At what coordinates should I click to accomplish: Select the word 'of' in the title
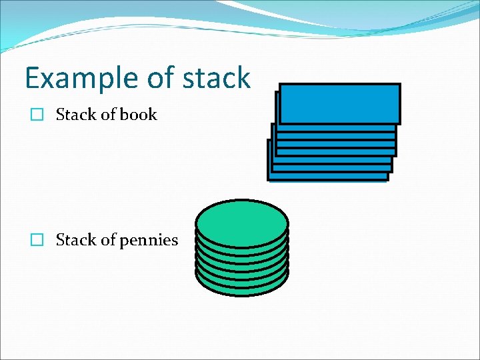pyautogui.click(x=160, y=79)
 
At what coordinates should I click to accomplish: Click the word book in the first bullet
pyautogui.click(x=138, y=115)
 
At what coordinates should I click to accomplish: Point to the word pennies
pyautogui.click(x=149, y=240)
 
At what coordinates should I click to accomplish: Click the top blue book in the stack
pyautogui.click(x=339, y=103)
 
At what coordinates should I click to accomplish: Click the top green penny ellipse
pyautogui.click(x=242, y=223)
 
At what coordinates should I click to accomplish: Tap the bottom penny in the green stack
pyautogui.click(x=242, y=288)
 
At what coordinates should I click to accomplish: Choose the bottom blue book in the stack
pyautogui.click(x=327, y=177)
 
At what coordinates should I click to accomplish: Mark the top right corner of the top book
pyautogui.click(x=399, y=84)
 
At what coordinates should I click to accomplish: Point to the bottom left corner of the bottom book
pyautogui.click(x=269, y=180)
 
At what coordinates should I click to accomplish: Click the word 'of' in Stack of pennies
pyautogui.click(x=107, y=240)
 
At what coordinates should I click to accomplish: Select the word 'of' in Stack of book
pyautogui.click(x=107, y=115)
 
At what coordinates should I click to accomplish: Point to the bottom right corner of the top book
pyautogui.click(x=399, y=123)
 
